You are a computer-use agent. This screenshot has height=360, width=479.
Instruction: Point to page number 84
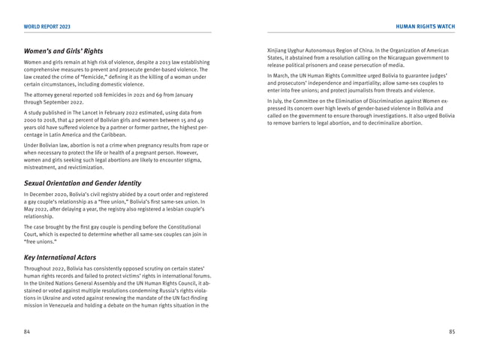pyautogui.click(x=27, y=331)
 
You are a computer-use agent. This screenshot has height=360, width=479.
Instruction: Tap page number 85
pyautogui.click(x=451, y=331)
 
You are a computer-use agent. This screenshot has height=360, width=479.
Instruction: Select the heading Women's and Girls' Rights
pyautogui.click(x=63, y=50)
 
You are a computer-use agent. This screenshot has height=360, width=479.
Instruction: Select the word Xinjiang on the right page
pyautogui.click(x=279, y=50)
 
